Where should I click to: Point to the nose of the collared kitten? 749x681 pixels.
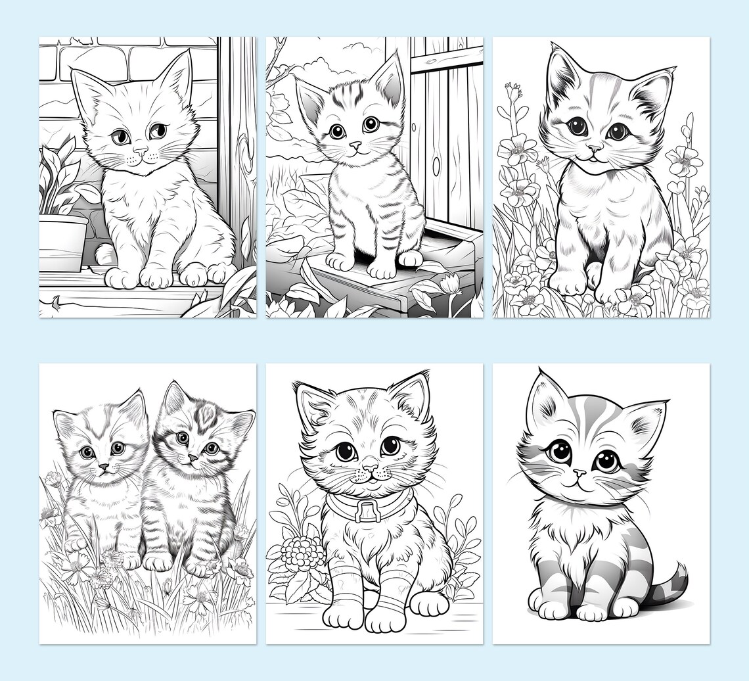(x=371, y=469)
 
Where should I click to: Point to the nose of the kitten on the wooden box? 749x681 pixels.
(x=355, y=143)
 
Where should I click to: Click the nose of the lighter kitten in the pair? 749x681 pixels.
(x=104, y=466)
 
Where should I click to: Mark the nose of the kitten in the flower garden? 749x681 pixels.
(x=593, y=149)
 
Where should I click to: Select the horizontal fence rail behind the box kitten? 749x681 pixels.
(x=447, y=59)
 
